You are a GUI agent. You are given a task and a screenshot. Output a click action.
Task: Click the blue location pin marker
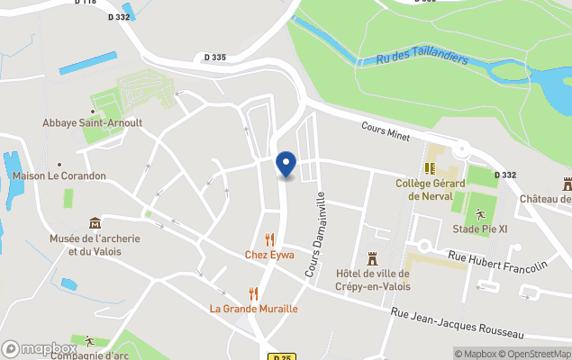point(285,164)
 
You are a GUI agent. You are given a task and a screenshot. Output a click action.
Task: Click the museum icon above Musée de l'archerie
point(95,223)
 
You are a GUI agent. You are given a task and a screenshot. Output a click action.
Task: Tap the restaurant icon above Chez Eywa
point(269,239)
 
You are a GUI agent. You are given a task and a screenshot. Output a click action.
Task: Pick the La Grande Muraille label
point(254,309)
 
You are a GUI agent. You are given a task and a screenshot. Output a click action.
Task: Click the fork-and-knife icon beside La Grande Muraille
point(254,293)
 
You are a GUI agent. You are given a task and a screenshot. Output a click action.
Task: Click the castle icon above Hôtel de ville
point(372,258)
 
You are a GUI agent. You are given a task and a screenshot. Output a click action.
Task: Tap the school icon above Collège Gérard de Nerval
point(430,168)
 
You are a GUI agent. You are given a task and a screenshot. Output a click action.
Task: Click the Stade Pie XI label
point(480,229)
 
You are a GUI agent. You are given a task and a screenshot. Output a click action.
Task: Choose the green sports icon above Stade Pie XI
point(480,214)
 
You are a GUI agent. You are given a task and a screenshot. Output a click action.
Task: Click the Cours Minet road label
point(386,131)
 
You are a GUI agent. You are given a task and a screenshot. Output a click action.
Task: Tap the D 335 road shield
point(215,58)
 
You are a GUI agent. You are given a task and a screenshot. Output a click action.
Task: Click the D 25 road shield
point(282,356)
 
